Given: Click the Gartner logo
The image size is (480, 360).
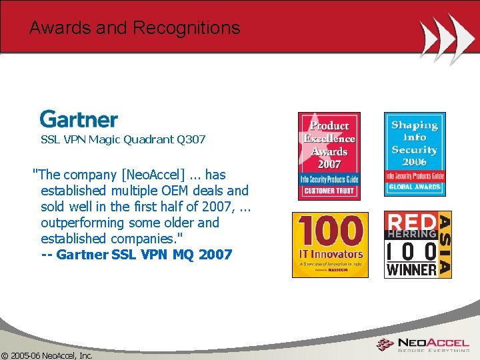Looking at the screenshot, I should pos(79,119).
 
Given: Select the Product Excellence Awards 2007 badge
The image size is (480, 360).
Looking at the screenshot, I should pos(329,155).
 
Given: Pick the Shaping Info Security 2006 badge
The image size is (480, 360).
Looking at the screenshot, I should pos(415,154).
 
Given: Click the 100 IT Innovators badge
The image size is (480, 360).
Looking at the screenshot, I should pos(330,244).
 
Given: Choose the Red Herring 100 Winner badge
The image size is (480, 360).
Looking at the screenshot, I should pos(418,244).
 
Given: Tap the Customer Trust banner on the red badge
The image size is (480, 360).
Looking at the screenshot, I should pos(329,191).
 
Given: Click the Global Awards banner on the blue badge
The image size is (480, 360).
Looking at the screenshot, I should pos(415,187).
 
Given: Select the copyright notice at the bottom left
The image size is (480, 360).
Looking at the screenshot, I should pos(47,355).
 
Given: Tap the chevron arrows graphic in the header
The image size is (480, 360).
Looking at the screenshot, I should pos(447,37).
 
